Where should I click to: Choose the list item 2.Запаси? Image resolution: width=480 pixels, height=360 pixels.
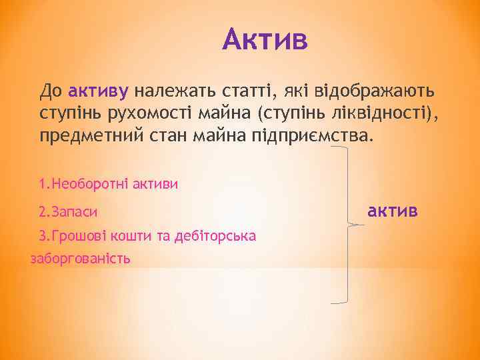68,213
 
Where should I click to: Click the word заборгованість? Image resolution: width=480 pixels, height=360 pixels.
81,258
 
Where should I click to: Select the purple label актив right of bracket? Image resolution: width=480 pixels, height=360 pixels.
393,211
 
